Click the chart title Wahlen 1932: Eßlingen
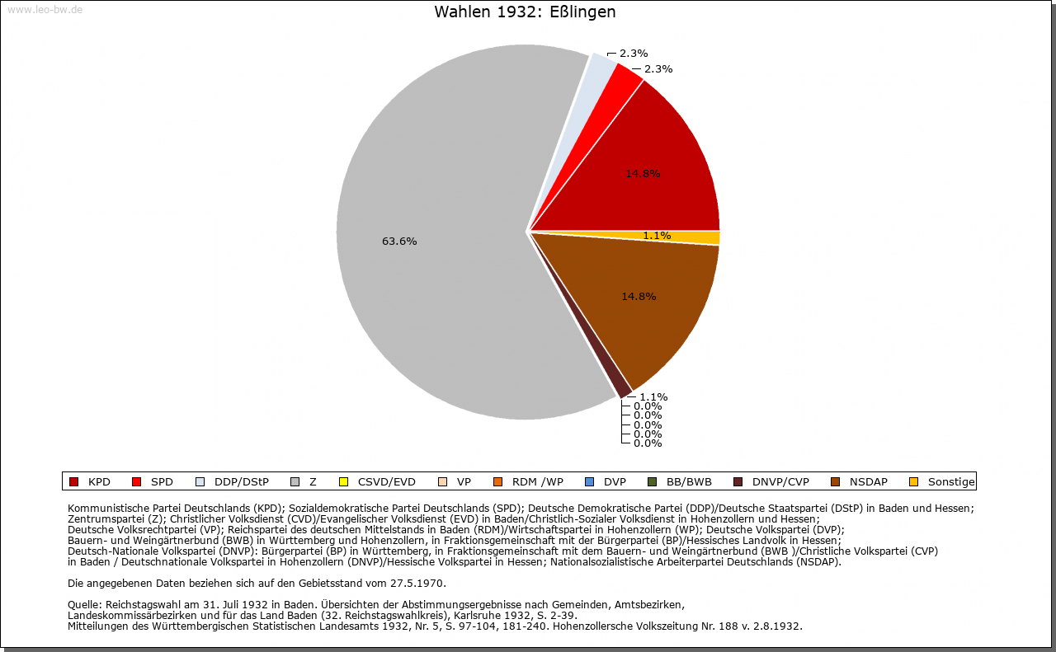click(x=525, y=12)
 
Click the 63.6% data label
click(x=399, y=242)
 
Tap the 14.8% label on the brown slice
click(x=639, y=296)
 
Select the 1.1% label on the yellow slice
click(x=657, y=236)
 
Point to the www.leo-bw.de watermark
click(x=45, y=10)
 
